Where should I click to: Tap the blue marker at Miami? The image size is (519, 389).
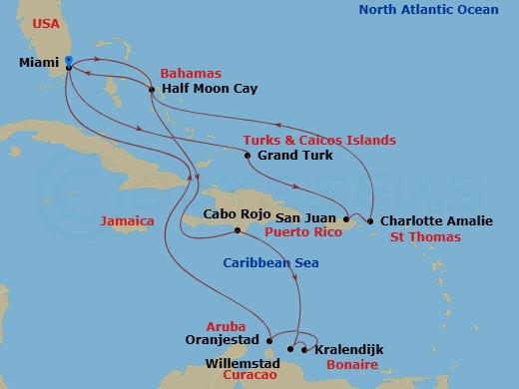click(x=68, y=61)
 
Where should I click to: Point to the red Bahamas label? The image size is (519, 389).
click(x=191, y=73)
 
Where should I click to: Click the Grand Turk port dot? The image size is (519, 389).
click(x=248, y=156)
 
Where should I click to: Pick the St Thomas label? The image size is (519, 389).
click(x=424, y=237)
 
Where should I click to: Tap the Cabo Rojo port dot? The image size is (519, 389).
click(x=237, y=231)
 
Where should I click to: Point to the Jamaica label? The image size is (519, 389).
click(x=128, y=219)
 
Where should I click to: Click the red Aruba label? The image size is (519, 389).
click(x=225, y=326)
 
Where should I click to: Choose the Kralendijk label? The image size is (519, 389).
click(x=348, y=350)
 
